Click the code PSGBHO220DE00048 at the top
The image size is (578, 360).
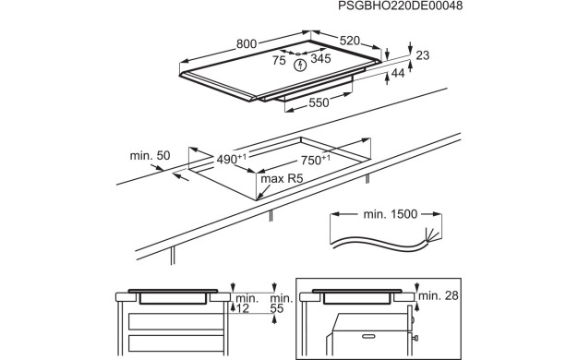[400, 6]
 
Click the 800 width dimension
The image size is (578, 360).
[247, 44]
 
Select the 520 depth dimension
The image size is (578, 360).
[349, 41]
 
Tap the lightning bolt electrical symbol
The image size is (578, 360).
[301, 66]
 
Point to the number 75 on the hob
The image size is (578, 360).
[279, 60]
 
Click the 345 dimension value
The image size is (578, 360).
[320, 58]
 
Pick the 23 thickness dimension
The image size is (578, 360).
[423, 55]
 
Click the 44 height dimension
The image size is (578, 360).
[398, 73]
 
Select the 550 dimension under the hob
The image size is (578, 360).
[319, 102]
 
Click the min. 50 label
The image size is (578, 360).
[150, 155]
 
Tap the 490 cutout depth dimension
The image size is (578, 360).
[231, 159]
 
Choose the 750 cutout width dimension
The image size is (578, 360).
[316, 160]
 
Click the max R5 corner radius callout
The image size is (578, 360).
[282, 179]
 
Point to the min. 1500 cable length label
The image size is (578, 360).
[391, 214]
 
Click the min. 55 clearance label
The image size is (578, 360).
[282, 304]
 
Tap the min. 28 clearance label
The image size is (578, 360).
[439, 295]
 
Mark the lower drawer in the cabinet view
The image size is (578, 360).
[176, 343]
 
